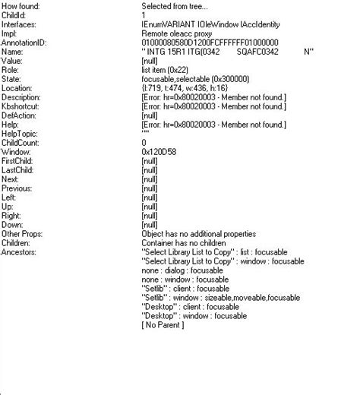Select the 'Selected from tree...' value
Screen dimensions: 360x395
tap(178, 7)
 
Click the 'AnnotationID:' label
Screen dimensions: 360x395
tap(25, 43)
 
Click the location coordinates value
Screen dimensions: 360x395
tap(182, 89)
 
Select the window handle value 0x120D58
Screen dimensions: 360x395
tap(157, 152)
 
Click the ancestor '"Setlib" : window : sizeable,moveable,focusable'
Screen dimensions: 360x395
tap(220, 298)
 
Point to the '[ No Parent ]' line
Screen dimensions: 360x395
tap(163, 325)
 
